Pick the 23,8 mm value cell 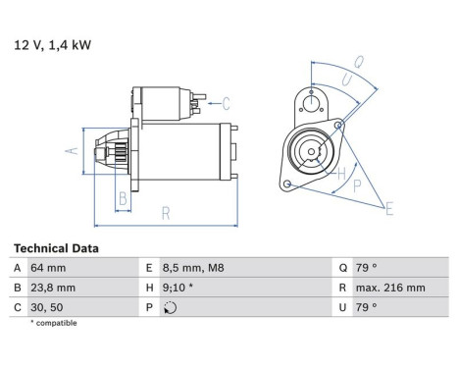(x=54, y=288)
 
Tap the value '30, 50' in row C (x=48, y=306)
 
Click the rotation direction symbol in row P (x=173, y=307)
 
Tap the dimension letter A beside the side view (x=70, y=150)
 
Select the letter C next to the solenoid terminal (x=226, y=103)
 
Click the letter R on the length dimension (x=166, y=211)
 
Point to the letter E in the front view (x=390, y=208)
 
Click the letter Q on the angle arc (x=359, y=62)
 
